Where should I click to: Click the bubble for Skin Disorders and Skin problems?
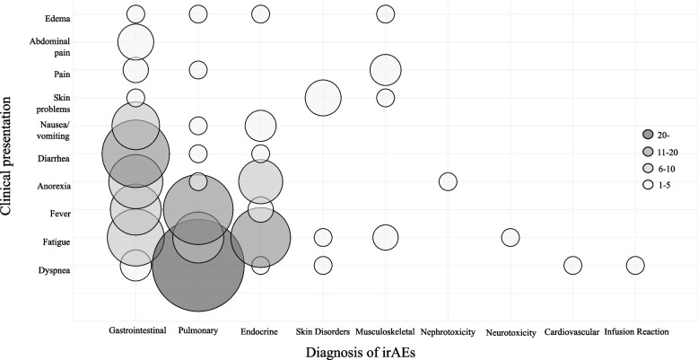point(323,98)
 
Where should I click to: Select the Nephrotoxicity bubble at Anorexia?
point(448,181)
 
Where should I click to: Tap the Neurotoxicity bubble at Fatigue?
point(510,237)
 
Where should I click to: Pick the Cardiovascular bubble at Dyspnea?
point(572,266)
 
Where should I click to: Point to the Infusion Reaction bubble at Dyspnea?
point(635,266)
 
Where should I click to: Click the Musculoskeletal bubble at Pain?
point(386,69)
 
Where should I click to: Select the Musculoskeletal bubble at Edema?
point(386,13)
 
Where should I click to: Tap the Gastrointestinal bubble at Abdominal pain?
point(135,42)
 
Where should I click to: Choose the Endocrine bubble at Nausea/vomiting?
point(260,126)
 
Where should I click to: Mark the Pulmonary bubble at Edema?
point(198,13)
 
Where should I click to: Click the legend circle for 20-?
point(648,134)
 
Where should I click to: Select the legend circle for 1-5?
point(648,185)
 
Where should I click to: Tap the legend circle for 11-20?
point(648,151)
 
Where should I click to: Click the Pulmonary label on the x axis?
point(198,330)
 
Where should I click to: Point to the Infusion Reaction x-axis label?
point(637,331)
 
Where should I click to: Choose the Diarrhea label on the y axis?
point(54,158)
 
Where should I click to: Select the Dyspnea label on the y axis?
point(54,270)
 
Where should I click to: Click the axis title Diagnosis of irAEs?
point(360,353)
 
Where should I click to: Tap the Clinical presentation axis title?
point(6,152)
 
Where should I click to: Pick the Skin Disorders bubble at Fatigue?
point(323,238)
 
